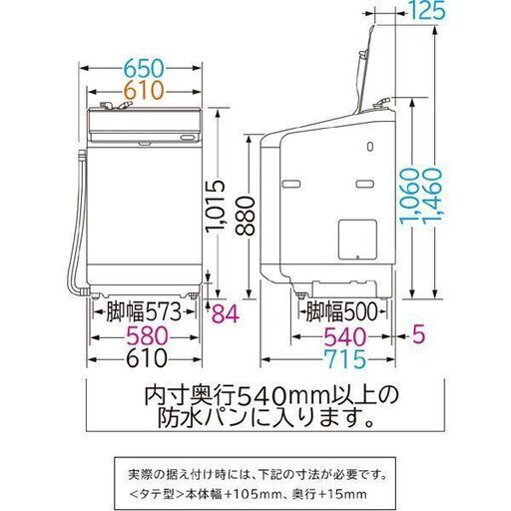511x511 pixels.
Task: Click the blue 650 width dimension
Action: click(144, 69)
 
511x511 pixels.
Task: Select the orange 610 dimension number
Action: click(144, 90)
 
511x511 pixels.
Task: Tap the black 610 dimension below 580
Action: click(147, 358)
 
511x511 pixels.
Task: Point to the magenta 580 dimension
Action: click(148, 336)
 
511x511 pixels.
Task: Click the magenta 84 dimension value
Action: click(226, 313)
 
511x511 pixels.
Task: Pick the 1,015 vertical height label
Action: click(215, 207)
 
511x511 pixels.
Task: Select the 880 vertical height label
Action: click(245, 217)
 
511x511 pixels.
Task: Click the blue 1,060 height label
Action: click(408, 196)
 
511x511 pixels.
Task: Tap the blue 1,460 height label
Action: click(433, 196)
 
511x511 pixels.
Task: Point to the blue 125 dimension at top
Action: click(427, 10)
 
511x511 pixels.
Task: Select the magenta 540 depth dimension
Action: click(344, 336)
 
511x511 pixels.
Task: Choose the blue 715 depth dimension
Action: click(344, 358)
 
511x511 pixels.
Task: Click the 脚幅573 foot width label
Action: click(144, 311)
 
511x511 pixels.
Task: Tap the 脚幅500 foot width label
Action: click(342, 311)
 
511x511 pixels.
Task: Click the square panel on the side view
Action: click(357, 240)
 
